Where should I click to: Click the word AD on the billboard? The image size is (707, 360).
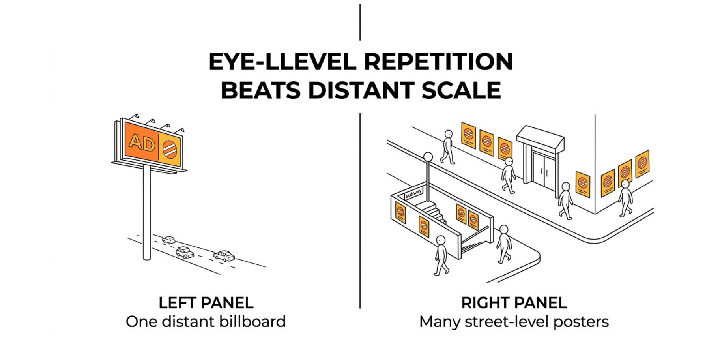coord(142,142)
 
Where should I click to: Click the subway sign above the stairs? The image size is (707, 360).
coord(413,193)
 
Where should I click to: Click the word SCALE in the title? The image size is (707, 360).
coord(461,90)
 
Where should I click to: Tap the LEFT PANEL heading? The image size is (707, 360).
coord(206,303)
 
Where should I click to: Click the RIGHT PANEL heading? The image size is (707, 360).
coord(514,303)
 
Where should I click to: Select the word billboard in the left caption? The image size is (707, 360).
coord(253,321)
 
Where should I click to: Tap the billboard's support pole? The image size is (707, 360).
coord(147,212)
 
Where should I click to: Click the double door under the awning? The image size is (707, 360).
coord(544,169)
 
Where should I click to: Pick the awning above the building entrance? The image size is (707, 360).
coord(540,139)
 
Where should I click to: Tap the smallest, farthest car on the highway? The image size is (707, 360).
coord(169,240)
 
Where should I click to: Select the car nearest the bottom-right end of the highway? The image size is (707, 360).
coord(224,256)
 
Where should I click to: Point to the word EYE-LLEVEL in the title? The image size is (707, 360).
coord(282,62)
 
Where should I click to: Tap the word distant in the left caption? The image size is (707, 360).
coord(189,321)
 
